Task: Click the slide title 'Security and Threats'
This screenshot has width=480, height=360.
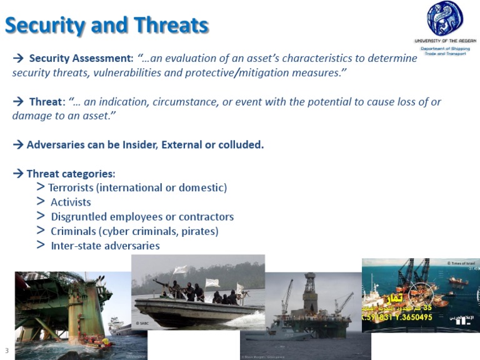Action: [x=107, y=25]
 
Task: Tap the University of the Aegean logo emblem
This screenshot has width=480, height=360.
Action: [x=445, y=19]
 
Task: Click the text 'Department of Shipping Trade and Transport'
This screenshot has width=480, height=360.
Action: [x=445, y=51]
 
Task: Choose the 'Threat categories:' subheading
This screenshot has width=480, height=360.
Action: [x=71, y=174]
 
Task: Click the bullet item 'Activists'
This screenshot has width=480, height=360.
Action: [x=71, y=202]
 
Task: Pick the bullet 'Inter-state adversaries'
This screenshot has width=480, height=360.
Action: [x=105, y=246]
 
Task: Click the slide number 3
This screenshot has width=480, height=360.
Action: [x=6, y=350]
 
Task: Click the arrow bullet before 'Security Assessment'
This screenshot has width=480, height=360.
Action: [x=18, y=59]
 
